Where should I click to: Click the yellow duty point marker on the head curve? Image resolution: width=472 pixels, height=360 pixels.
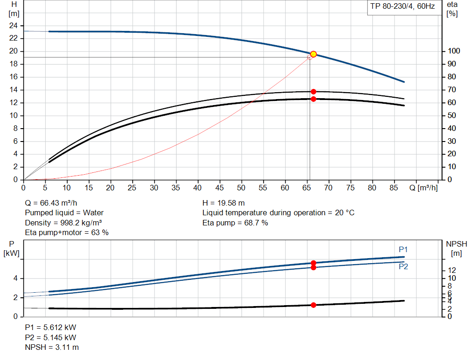(x=313, y=54)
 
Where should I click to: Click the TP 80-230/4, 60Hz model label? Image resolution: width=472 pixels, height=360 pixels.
(x=402, y=7)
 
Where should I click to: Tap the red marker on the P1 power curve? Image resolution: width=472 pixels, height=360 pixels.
(x=313, y=263)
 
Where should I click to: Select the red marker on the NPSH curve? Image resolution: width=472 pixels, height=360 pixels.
(x=313, y=305)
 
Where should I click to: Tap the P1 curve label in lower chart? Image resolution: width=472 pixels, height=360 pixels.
(x=403, y=249)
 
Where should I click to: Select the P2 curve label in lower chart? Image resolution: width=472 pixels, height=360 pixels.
(x=403, y=266)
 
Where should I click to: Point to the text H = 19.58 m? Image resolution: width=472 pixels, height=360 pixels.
(x=224, y=203)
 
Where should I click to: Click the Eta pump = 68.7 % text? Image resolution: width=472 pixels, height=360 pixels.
(x=235, y=223)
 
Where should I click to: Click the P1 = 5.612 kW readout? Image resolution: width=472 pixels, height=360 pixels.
(x=50, y=327)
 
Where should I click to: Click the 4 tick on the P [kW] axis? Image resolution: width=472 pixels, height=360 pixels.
(x=16, y=278)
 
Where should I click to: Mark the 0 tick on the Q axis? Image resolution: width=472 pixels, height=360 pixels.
(x=24, y=188)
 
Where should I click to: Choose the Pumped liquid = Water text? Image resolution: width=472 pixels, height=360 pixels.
(x=64, y=212)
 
